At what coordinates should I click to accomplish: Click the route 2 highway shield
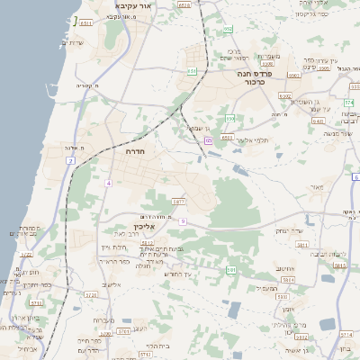[70, 160]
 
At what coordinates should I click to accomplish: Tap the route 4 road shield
[108, 183]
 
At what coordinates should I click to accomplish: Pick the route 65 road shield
[208, 140]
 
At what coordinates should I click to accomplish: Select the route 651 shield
[192, 70]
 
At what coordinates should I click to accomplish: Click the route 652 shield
[229, 29]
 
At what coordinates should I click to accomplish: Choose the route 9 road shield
[182, 220]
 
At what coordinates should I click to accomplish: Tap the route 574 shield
[348, 102]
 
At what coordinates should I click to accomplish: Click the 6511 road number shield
[184, 5]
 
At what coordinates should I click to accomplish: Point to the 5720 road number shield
[91, 294]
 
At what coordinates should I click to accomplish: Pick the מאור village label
[315, 186]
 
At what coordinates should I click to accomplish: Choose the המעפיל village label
[266, 288]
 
